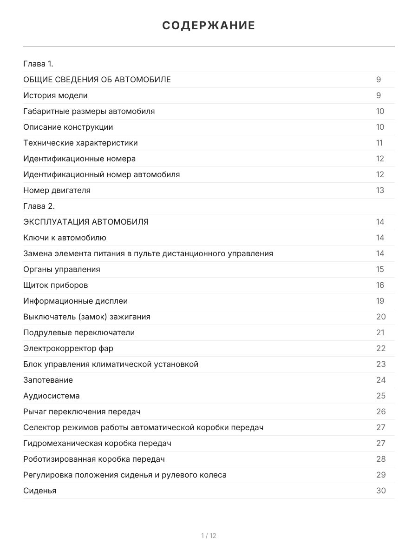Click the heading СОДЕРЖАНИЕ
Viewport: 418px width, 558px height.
pos(209,26)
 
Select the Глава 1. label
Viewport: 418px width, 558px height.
pos(38,64)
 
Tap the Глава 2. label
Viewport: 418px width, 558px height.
pos(39,206)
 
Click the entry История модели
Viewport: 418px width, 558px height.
pos(55,95)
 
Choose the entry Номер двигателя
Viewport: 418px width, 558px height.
pos(57,190)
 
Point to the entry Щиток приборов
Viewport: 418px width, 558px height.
pos(55,285)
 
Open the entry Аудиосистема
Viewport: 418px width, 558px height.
pos(51,396)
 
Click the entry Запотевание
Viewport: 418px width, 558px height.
pos(48,380)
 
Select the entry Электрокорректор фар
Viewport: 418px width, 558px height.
pos(68,348)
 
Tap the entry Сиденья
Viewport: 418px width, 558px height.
pos(39,491)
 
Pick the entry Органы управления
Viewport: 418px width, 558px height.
pos(61,269)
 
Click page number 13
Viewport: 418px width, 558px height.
pos(380,190)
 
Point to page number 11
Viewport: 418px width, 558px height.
pos(379,143)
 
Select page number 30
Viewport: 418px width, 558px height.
pos(381,491)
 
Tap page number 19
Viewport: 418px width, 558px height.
pos(380,301)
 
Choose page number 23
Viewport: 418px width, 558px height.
pos(381,364)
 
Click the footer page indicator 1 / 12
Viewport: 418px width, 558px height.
pos(209,536)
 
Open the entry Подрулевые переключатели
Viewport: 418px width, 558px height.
pos(79,332)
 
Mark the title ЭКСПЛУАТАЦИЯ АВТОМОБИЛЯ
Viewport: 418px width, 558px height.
pos(86,222)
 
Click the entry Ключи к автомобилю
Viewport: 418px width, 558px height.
pos(65,238)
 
